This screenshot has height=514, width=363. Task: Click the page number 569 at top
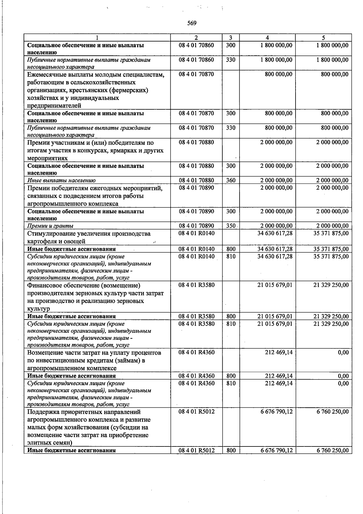[192, 23]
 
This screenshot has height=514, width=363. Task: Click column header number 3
[231, 38]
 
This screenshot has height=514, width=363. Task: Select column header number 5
[323, 38]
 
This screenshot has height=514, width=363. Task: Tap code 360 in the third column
[231, 181]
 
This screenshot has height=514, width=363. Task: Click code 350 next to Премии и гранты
[231, 226]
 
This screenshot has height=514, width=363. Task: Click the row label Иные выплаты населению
[61, 181]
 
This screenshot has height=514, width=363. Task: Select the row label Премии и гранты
[50, 226]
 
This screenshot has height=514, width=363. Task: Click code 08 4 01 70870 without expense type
[196, 74]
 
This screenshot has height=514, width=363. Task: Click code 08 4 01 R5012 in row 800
[196, 450]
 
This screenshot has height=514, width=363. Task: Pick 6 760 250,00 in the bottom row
[332, 450]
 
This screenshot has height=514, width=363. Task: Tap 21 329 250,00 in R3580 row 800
[331, 317]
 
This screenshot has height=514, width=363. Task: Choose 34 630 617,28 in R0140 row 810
[275, 257]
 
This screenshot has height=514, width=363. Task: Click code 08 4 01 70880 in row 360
[196, 181]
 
